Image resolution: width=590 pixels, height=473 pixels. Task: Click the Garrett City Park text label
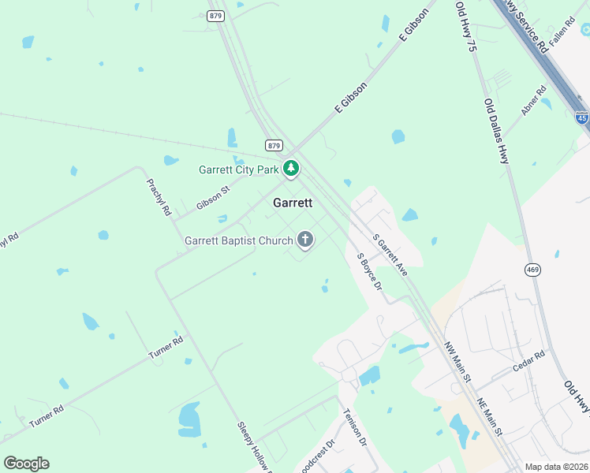point(238,169)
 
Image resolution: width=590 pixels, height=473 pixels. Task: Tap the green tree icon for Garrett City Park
point(291,168)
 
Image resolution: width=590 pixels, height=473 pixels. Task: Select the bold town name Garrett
point(293,203)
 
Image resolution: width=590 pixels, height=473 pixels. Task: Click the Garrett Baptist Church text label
point(238,240)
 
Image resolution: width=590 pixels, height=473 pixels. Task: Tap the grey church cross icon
point(304,240)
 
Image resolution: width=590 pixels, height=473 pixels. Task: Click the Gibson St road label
point(213,199)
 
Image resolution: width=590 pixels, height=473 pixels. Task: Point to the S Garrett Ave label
point(390,255)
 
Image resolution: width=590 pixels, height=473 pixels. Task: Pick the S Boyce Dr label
point(369,272)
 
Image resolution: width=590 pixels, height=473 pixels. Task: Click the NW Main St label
point(457,363)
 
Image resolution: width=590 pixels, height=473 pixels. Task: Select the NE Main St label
point(489,415)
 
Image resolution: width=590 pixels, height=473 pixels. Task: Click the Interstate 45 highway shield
point(581,119)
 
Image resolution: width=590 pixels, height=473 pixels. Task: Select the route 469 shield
point(532,270)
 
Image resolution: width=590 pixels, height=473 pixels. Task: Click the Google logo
point(26,464)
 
